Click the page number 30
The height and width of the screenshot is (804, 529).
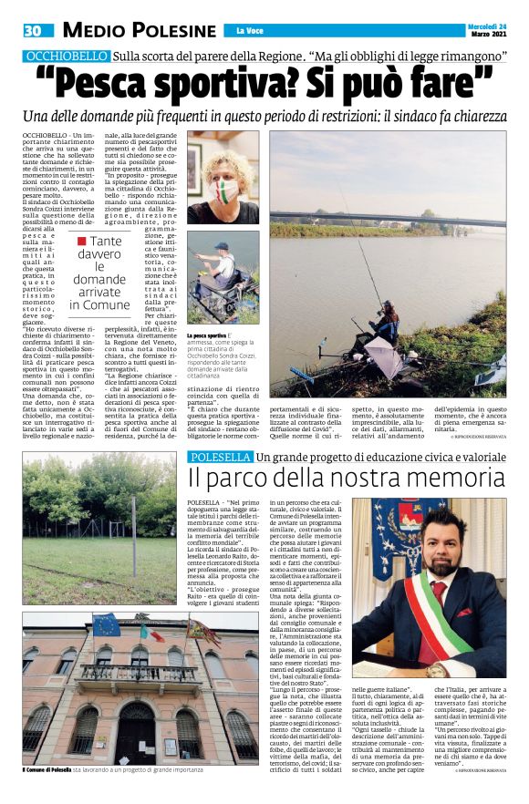coord(33,31)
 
